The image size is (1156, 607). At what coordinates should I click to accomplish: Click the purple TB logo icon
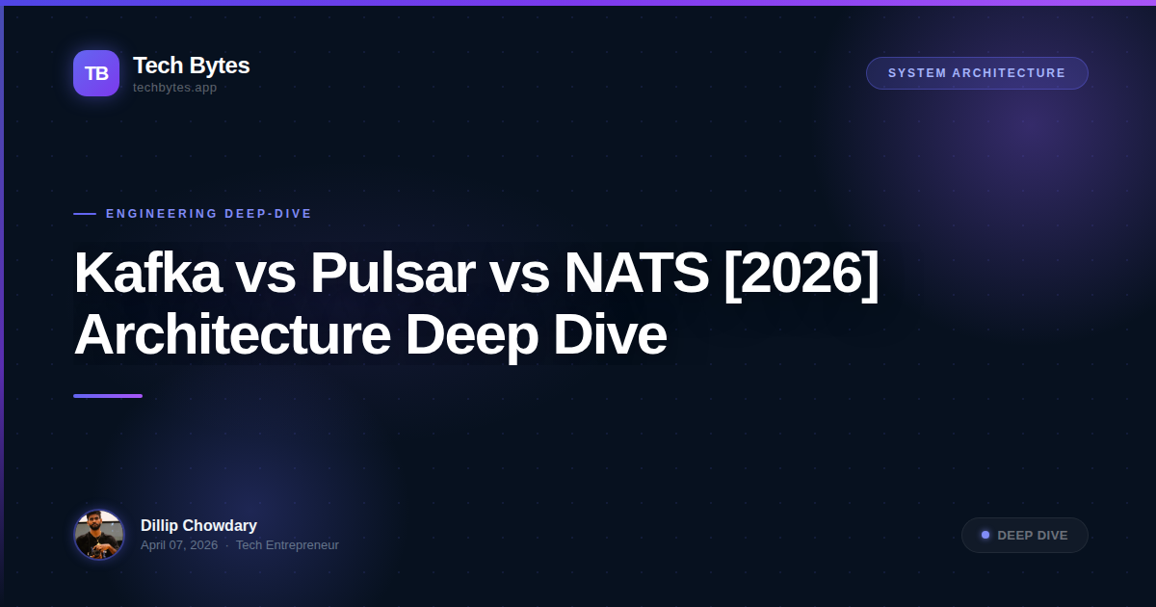(x=96, y=73)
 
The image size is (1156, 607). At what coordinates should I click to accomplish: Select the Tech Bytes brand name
(x=191, y=66)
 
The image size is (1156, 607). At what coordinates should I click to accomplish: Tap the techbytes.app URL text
(x=174, y=88)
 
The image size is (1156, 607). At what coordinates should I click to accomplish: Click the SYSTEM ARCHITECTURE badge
(x=977, y=73)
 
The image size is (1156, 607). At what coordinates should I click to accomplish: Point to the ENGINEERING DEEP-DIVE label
(x=209, y=214)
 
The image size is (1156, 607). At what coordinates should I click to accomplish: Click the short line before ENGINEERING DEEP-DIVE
(x=85, y=214)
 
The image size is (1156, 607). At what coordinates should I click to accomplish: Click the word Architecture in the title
(x=232, y=335)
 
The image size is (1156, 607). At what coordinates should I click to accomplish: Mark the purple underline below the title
(x=108, y=396)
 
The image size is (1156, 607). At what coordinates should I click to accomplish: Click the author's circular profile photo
(x=99, y=535)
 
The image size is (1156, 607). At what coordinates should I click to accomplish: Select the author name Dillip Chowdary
(x=198, y=525)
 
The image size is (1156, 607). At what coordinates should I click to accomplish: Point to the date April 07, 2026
(x=179, y=545)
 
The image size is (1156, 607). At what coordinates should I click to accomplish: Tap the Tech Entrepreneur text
(x=287, y=545)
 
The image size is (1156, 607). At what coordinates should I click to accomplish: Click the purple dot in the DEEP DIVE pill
(x=985, y=535)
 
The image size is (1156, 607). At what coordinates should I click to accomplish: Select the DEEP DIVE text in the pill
(x=1033, y=536)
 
